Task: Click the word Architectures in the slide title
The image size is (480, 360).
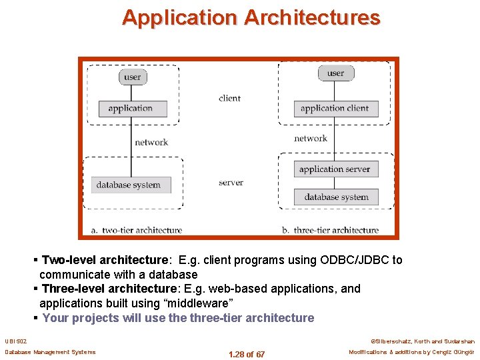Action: pyautogui.click(x=312, y=17)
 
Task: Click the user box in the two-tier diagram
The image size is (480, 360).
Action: pyautogui.click(x=132, y=77)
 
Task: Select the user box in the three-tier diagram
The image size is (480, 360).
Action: pyautogui.click(x=335, y=73)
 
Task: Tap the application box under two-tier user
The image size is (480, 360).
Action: pyautogui.click(x=130, y=108)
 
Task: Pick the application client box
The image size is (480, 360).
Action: pyautogui.click(x=335, y=108)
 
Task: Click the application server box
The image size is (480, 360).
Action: pyautogui.click(x=335, y=169)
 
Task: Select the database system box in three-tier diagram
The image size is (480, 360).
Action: pyautogui.click(x=336, y=197)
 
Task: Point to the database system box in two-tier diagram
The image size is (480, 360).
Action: pyautogui.click(x=128, y=185)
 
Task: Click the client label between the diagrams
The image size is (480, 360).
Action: pyautogui.click(x=229, y=98)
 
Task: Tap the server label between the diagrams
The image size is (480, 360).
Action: pyautogui.click(x=231, y=183)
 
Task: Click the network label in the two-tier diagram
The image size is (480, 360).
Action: pyautogui.click(x=151, y=142)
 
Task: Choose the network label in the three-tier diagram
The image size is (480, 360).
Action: pyautogui.click(x=311, y=139)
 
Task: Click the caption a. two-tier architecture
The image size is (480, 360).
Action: pyautogui.click(x=137, y=230)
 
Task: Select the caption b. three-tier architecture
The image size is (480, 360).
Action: pyautogui.click(x=330, y=230)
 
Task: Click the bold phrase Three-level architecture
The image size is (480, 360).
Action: pyautogui.click(x=109, y=289)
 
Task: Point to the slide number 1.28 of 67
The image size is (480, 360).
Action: pyautogui.click(x=246, y=354)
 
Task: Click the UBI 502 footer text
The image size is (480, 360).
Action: pyautogui.click(x=16, y=341)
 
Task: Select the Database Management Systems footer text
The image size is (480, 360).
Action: pyautogui.click(x=50, y=352)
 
